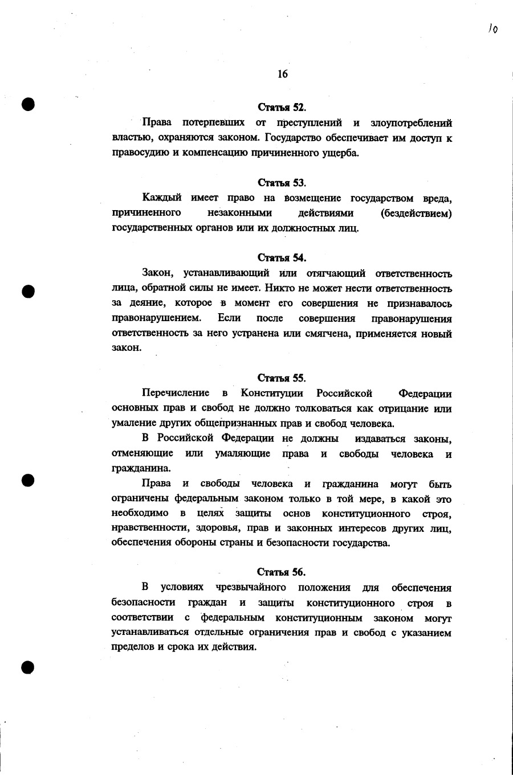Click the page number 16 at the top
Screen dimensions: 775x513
[x=283, y=74]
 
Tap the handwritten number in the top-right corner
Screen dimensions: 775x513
[x=493, y=28]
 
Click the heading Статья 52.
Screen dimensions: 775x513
[x=282, y=107]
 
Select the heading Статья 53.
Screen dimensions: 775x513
[x=282, y=183]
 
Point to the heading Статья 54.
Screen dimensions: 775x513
[x=282, y=258]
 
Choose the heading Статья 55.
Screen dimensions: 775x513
[x=282, y=378]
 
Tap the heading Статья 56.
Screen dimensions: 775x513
[x=281, y=572]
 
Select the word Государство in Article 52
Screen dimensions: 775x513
[x=296, y=138]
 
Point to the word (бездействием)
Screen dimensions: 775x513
[x=416, y=213]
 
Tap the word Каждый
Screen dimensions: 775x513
[x=162, y=198]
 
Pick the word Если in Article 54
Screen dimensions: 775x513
[x=229, y=318]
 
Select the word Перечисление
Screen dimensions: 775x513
[x=176, y=393]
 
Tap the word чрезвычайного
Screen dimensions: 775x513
[x=251, y=587]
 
